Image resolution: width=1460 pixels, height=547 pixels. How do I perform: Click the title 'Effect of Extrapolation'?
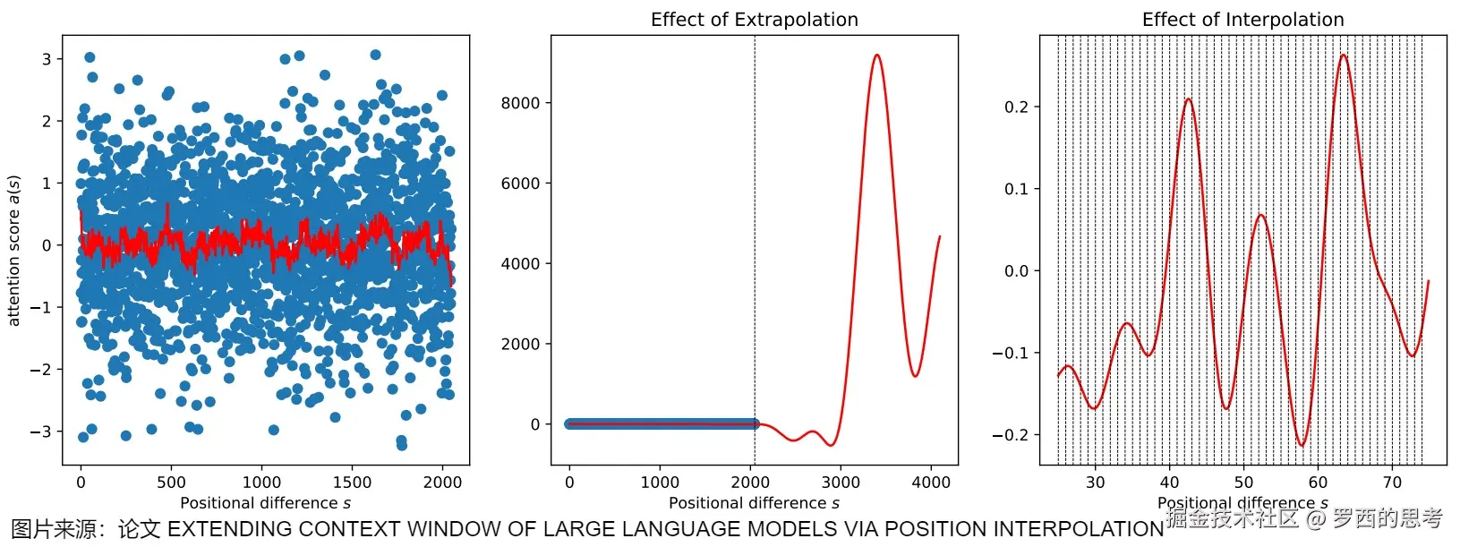(x=754, y=20)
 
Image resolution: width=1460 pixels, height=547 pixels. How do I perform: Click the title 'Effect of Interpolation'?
(x=1242, y=20)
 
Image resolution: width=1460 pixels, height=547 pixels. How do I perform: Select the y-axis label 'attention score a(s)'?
(x=13, y=250)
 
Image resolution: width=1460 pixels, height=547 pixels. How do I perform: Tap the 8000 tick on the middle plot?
(x=520, y=103)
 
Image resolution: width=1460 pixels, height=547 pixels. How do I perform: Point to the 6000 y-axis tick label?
(x=520, y=184)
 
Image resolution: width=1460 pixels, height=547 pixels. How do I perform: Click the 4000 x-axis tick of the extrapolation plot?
(x=931, y=483)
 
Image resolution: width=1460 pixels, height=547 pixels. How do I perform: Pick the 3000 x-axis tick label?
(x=841, y=483)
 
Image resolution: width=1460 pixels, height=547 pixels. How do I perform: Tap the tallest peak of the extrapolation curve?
(x=876, y=56)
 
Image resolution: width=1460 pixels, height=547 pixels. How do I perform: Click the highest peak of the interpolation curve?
(x=1343, y=56)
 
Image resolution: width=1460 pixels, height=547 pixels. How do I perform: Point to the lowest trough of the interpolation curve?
(x=1302, y=445)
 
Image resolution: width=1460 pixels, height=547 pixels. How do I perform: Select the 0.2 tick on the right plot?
(x=1016, y=107)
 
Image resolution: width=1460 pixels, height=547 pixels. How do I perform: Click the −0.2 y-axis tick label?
(x=1011, y=435)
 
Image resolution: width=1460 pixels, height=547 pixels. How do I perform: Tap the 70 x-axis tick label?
(x=1392, y=483)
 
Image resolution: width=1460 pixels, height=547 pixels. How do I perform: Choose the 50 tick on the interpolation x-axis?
(x=1243, y=483)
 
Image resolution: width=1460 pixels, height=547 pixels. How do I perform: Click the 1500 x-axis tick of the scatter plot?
(x=352, y=483)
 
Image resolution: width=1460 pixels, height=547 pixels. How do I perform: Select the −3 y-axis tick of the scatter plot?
(x=40, y=432)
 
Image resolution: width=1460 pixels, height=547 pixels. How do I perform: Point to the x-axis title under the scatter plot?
(x=265, y=503)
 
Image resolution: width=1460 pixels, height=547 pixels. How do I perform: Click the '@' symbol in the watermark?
(x=1315, y=517)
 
